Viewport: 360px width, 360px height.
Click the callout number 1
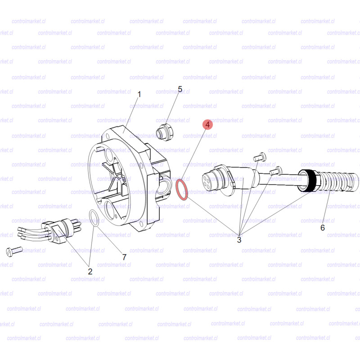(x=139, y=94)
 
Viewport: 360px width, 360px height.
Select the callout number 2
(x=90, y=271)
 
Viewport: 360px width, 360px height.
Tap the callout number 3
(x=239, y=240)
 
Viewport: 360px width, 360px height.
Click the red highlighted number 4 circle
(x=207, y=125)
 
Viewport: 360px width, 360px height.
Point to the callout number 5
(x=180, y=89)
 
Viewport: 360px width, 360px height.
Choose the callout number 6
(x=323, y=228)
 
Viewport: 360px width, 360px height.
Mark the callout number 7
(x=124, y=257)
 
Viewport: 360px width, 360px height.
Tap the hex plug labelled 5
(x=164, y=132)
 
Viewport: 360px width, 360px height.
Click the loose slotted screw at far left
(x=14, y=251)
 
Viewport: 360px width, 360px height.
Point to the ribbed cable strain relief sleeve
(x=337, y=181)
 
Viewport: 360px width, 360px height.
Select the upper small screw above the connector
(x=260, y=157)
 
